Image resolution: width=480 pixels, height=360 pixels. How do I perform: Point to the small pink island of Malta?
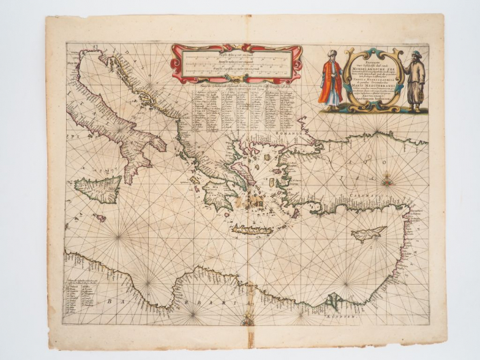coord(101,217)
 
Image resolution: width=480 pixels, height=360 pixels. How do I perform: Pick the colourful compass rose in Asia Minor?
coord(387,179)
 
